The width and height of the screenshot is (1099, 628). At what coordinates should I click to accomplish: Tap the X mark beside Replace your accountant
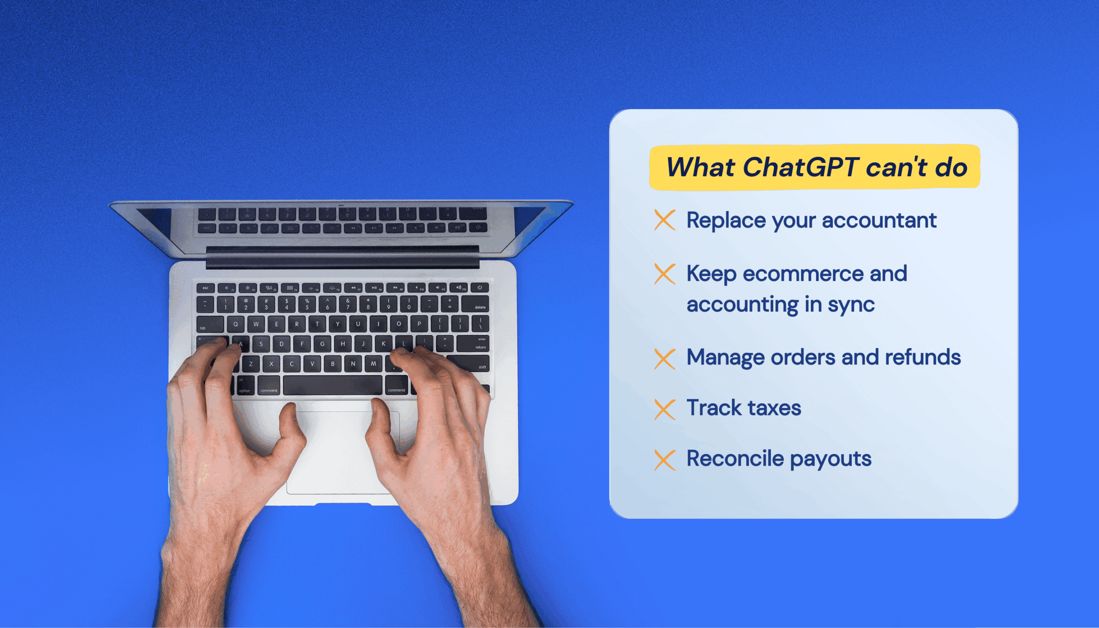[665, 220]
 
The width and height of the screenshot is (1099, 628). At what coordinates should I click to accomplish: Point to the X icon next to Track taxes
[665, 410]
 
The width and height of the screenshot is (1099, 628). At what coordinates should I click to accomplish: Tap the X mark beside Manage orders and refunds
[665, 359]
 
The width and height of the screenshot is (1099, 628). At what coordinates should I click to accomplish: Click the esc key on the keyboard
[206, 288]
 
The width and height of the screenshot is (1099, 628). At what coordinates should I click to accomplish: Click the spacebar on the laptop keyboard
[332, 385]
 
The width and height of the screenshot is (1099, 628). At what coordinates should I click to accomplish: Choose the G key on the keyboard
[322, 344]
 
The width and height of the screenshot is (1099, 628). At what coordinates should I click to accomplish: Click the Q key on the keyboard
[235, 325]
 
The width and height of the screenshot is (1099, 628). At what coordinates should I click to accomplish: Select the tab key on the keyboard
[209, 325]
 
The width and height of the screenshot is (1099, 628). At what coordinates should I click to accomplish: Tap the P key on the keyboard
[419, 324]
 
